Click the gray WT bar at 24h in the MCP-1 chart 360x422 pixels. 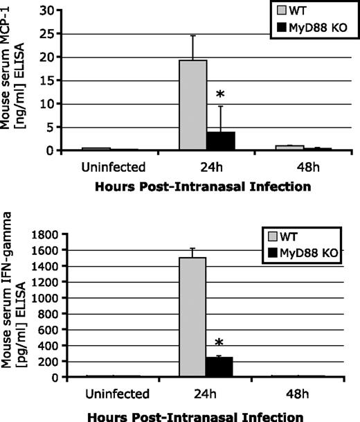point(193,105)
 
